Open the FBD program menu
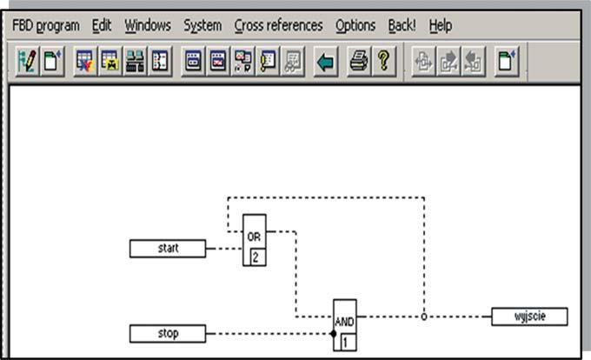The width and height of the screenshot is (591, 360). coord(46,25)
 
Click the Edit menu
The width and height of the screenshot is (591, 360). coord(103,25)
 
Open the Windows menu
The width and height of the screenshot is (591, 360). coord(148,25)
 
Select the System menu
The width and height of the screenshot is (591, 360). coord(203,25)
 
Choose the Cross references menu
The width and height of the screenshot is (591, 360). coord(278,25)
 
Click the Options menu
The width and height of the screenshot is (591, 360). coord(355,25)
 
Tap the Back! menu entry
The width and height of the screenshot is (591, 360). coord(402,25)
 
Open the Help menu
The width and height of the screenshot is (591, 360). coord(441,25)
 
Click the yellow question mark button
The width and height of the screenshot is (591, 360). coord(383,63)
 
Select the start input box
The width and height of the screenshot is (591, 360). coord(168,249)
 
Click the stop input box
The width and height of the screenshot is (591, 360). coord(168,333)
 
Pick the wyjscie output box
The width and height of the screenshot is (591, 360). coord(529,317)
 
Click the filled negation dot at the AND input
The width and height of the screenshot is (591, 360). coord(332,333)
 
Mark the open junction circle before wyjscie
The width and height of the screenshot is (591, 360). coord(424,317)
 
